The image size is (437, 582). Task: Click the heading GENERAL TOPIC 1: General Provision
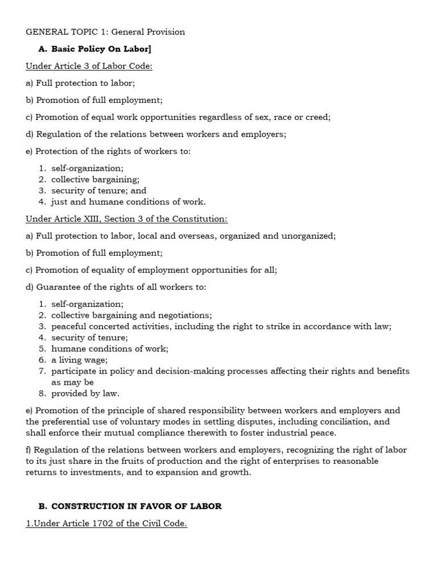(x=105, y=32)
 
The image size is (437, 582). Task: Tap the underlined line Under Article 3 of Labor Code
(x=89, y=66)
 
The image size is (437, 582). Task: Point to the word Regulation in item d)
(x=57, y=134)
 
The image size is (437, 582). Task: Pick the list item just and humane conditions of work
(x=128, y=201)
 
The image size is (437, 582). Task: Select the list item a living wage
(x=79, y=360)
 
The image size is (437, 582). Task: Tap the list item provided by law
(x=85, y=393)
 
